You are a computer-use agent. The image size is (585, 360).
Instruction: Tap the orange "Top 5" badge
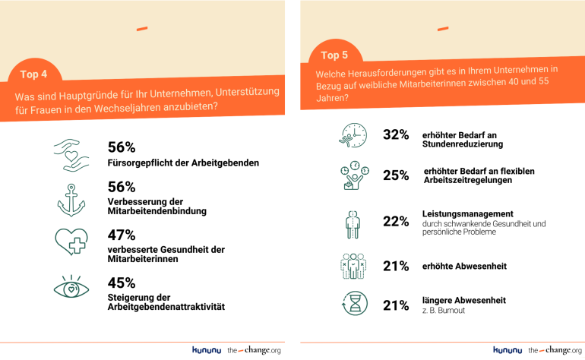[334, 55]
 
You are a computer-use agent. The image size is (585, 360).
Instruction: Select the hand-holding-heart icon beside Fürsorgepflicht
[72, 155]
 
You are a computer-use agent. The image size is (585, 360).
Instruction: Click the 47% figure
[122, 235]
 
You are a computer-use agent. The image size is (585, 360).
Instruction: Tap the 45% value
[122, 283]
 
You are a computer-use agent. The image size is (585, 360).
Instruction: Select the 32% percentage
[396, 134]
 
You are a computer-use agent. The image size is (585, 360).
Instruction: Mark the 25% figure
[396, 175]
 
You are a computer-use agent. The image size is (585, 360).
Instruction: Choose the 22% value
[396, 222]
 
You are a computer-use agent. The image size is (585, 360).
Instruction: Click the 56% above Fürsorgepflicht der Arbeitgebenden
[122, 147]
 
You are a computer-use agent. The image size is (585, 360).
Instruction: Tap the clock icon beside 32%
[353, 135]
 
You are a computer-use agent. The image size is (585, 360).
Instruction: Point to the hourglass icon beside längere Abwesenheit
[353, 305]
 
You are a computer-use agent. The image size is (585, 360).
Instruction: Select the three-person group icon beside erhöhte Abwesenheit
[353, 266]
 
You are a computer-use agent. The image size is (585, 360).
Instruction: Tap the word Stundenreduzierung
[463, 143]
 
